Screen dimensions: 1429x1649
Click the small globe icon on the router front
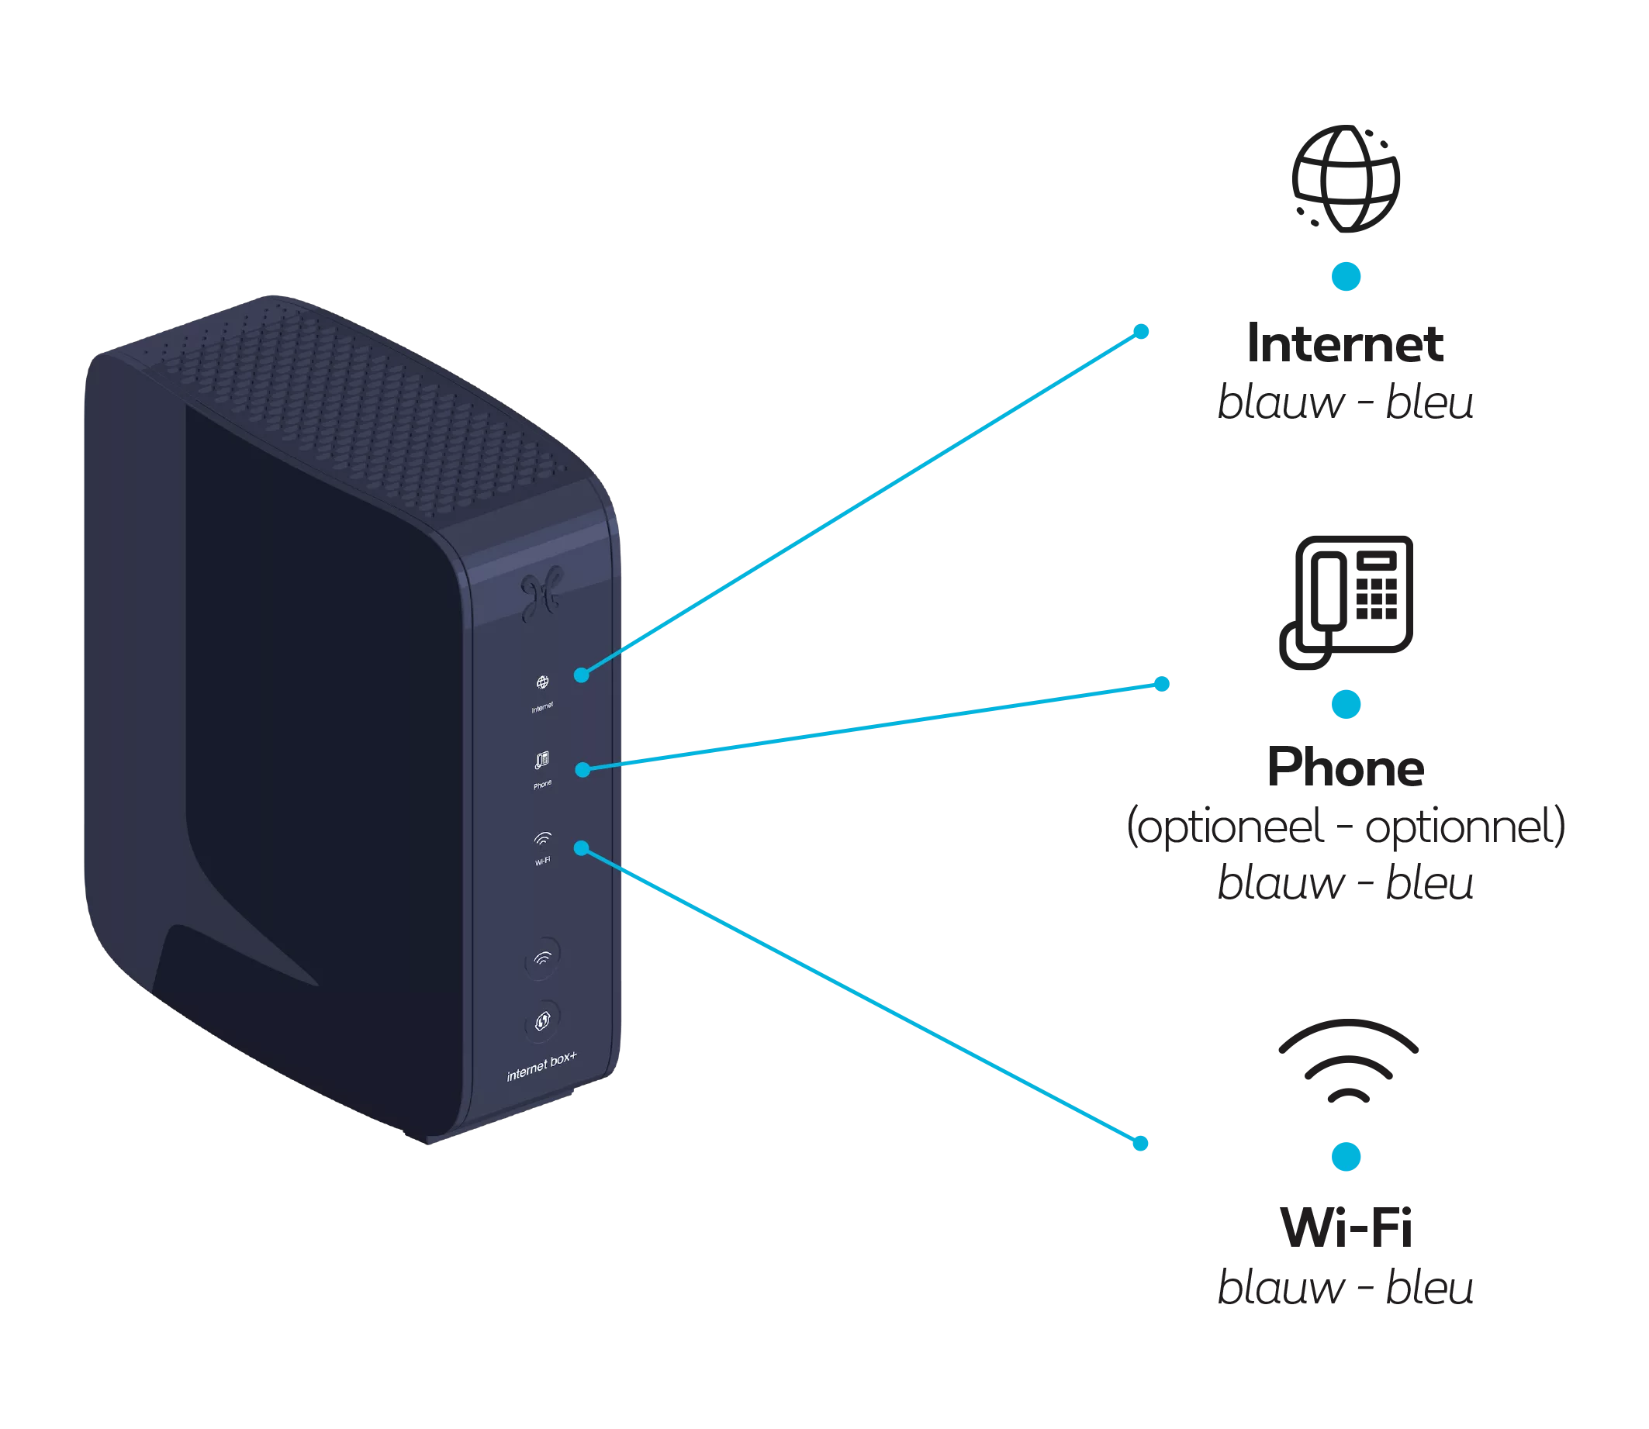click(x=542, y=682)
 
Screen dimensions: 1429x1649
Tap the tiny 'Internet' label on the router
click(x=542, y=707)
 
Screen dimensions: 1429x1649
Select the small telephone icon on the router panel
click(x=542, y=761)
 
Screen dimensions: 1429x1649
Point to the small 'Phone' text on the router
click(x=542, y=785)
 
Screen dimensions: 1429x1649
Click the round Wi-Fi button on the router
click(x=542, y=956)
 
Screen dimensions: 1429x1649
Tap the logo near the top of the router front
click(x=542, y=594)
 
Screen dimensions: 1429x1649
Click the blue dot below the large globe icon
click(x=1346, y=276)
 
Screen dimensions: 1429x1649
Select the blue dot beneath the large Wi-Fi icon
click(x=1347, y=1155)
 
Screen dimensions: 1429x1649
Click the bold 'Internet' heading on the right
click(x=1346, y=343)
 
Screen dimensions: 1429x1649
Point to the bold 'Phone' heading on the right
click(x=1346, y=768)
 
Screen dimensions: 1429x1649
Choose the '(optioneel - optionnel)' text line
click(x=1346, y=827)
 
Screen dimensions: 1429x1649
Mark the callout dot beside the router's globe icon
click(x=583, y=675)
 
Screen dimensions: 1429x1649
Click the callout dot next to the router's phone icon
click(x=583, y=769)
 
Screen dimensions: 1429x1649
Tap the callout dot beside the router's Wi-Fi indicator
click(x=583, y=848)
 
